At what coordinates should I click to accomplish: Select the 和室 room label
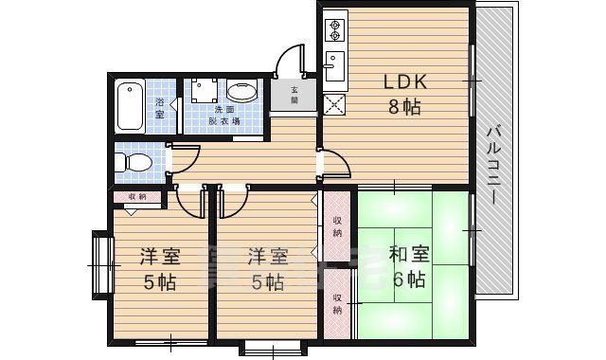click(410, 255)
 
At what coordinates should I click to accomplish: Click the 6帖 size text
click(408, 279)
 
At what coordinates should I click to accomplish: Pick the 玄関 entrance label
click(294, 95)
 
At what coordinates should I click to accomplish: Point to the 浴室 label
click(159, 107)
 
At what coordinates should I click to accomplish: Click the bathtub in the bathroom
click(130, 106)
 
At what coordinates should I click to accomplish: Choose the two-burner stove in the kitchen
click(334, 30)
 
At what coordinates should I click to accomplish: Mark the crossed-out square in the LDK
click(333, 104)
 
